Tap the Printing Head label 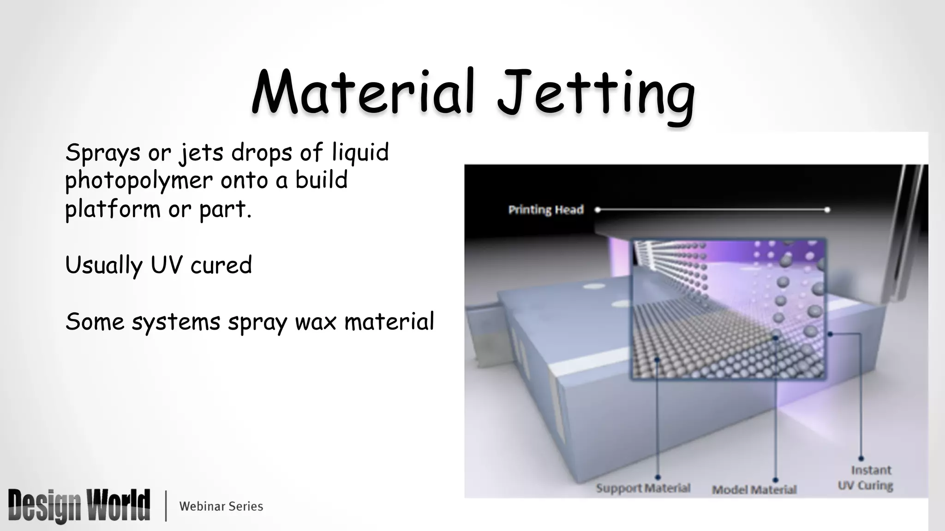click(x=546, y=210)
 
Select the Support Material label click(x=643, y=488)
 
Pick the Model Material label click(x=754, y=490)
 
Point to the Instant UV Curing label click(x=865, y=478)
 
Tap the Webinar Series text click(x=221, y=506)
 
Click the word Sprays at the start click(x=102, y=153)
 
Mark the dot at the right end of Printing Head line click(x=827, y=210)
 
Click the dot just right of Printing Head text click(x=598, y=210)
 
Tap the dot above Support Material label click(x=658, y=477)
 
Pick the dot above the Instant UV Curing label click(x=861, y=459)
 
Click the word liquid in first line click(x=360, y=153)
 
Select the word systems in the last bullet click(x=176, y=322)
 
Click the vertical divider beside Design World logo click(x=166, y=506)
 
